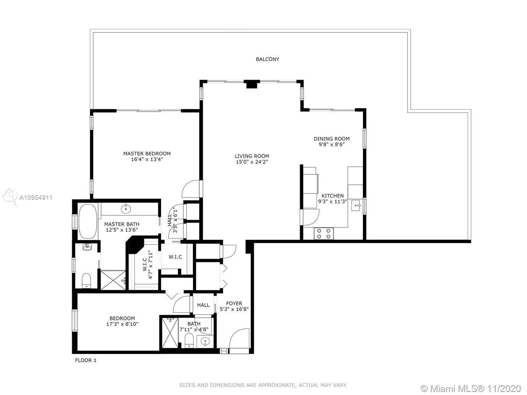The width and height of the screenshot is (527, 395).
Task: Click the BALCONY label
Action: tap(267, 59)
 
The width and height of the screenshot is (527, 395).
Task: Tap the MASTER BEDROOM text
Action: tap(147, 153)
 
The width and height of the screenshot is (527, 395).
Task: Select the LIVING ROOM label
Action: tap(252, 156)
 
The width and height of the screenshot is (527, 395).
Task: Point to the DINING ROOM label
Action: tap(332, 139)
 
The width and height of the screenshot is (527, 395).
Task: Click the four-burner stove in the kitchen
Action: tap(324, 233)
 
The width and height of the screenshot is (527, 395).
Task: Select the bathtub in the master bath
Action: tap(88, 221)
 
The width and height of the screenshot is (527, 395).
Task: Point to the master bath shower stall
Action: tap(113, 280)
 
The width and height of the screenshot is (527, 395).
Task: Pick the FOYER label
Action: tap(234, 303)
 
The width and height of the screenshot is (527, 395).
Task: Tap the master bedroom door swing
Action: tap(191, 189)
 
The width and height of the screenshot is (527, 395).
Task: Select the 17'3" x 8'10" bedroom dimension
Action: tap(122, 324)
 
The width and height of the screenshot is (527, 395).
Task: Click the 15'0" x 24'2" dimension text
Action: tap(252, 162)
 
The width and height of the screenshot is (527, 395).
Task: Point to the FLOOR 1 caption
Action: tap(86, 360)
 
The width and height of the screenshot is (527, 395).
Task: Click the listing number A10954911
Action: tap(36, 197)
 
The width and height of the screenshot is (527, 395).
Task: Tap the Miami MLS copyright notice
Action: tap(471, 388)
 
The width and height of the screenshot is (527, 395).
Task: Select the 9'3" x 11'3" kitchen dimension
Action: tap(333, 201)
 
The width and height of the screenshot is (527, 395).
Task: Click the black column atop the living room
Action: tap(252, 84)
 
